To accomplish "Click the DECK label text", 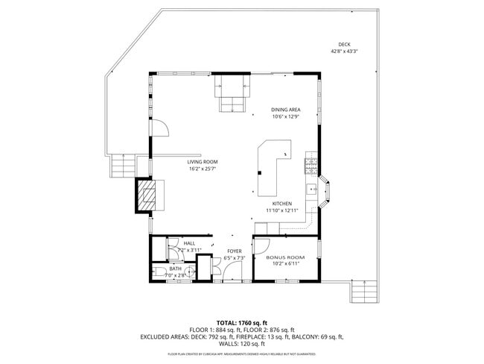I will [344, 45].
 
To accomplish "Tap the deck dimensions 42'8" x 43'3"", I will [344, 51].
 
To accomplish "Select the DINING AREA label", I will [285, 110].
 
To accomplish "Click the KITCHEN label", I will [281, 204].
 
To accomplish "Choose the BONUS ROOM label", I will [285, 257].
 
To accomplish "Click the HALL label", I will [189, 243].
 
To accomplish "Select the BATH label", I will [174, 269].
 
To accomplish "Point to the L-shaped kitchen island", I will [272, 164].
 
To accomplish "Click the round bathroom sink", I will [173, 252].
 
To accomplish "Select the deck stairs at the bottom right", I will [365, 291].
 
